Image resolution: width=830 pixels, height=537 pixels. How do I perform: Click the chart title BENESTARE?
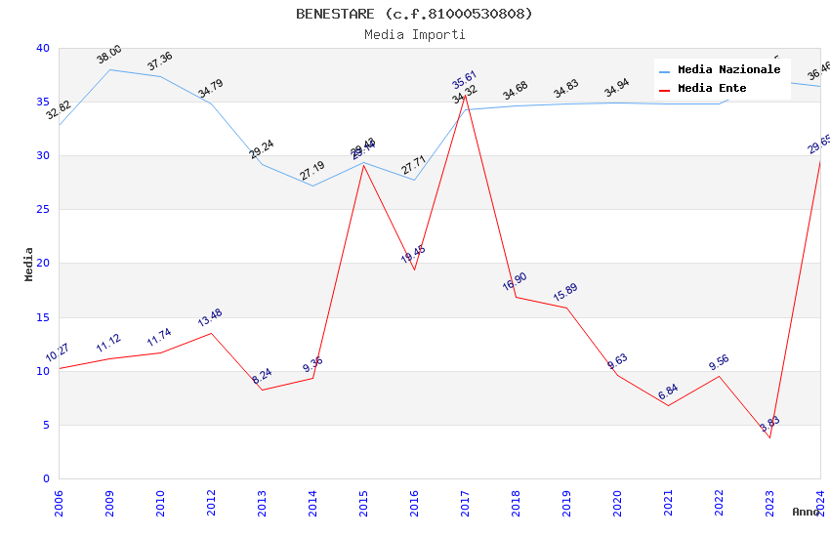[414, 14]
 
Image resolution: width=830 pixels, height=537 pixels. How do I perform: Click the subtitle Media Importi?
[414, 34]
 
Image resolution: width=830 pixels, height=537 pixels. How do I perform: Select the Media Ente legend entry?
[712, 89]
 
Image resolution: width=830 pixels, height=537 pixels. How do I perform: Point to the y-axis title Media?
[29, 264]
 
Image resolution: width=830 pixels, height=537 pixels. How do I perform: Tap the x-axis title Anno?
[806, 512]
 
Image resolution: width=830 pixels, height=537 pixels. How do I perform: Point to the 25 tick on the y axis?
[42, 210]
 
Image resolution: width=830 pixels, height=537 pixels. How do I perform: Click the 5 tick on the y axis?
[45, 425]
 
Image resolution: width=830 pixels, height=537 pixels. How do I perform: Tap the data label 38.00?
[109, 55]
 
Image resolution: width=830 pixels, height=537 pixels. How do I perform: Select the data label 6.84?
[668, 392]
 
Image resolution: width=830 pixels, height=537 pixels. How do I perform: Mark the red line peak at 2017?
[465, 95]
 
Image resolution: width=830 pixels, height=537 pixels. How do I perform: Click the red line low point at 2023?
[769, 437]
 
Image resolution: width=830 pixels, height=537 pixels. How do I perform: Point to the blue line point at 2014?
[312, 186]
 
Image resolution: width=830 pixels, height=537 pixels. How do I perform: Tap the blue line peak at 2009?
[109, 69]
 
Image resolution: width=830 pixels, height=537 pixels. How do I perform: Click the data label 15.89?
[565, 293]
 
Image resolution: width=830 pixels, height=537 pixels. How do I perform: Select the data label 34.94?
[616, 89]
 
